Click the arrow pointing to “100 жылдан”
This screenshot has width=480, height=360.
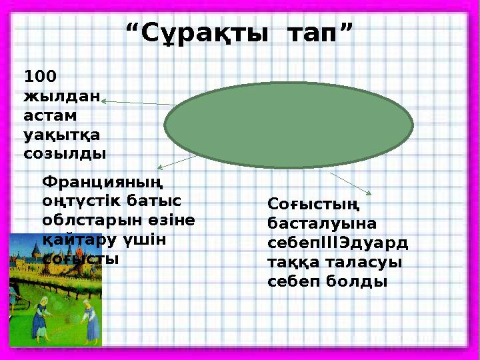pos(140,103)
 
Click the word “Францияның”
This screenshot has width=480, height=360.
pos(104,181)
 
